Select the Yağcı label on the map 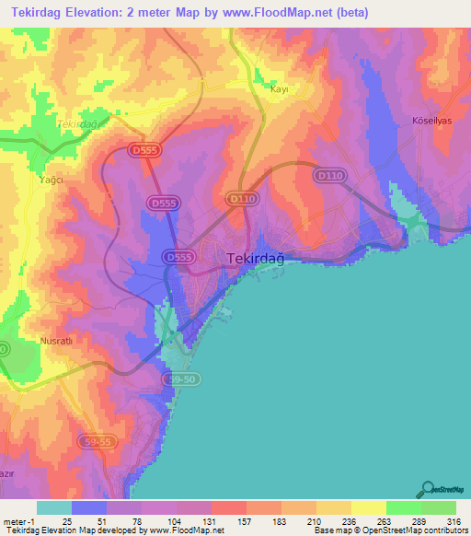click(x=50, y=181)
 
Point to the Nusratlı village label click(x=56, y=341)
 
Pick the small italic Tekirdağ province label click(x=76, y=123)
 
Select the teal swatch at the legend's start click(x=54, y=507)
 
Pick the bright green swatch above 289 click(x=404, y=507)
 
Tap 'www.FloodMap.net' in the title click(x=284, y=11)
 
